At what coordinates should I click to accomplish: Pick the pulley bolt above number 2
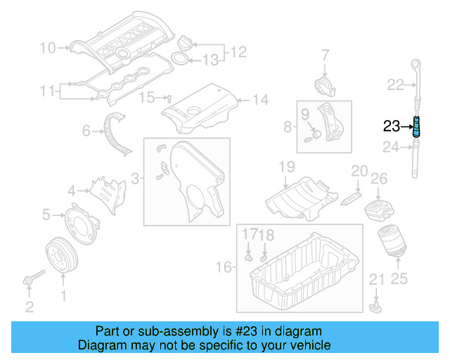point(32,279)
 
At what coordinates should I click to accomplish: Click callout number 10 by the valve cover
point(46,49)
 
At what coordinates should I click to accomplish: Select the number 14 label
point(260,100)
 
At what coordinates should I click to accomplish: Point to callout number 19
point(286,167)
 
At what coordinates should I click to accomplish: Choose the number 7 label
point(326,54)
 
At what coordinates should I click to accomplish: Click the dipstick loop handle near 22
point(418,61)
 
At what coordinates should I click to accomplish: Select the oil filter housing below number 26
point(378,210)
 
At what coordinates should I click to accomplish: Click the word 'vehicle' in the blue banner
point(306,345)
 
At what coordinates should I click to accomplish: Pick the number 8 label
point(287,127)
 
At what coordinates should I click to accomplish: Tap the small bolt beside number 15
point(169,97)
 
